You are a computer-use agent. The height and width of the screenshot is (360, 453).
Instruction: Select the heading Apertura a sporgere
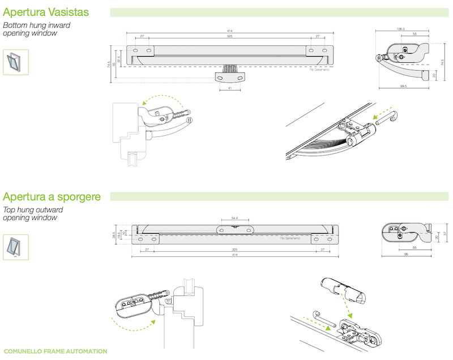coord(52,197)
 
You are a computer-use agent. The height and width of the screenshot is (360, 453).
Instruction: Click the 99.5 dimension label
coord(403,87)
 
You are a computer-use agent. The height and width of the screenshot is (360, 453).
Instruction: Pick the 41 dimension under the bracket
coord(230,88)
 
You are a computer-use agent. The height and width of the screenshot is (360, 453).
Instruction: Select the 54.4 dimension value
coord(234,218)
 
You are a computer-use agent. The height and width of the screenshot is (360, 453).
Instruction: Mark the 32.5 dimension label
coord(119,59)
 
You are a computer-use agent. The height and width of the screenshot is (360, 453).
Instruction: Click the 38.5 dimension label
coord(113,234)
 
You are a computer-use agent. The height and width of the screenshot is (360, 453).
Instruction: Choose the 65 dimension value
coord(414,248)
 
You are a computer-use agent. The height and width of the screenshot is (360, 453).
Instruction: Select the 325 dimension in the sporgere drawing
coord(234,249)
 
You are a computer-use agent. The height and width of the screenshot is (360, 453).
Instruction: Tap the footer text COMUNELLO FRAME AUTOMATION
coord(55,352)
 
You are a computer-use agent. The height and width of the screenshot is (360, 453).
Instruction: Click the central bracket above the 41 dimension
coord(230,75)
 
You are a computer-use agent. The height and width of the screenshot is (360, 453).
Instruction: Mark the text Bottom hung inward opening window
coord(37,29)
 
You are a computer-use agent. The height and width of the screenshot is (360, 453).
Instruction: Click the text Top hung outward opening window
coord(33,213)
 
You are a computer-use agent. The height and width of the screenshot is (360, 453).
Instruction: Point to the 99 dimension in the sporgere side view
coord(407,255)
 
